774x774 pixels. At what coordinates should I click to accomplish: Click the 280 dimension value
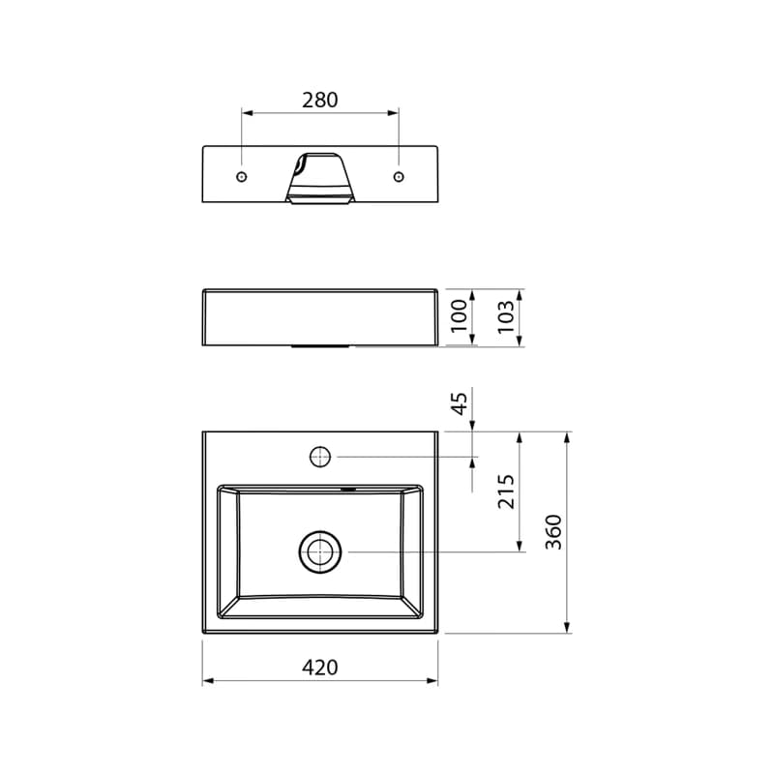(320, 101)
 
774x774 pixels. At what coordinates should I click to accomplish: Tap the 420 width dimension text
(320, 668)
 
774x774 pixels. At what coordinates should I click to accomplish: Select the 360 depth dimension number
(554, 532)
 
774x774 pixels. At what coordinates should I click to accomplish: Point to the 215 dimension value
(506, 491)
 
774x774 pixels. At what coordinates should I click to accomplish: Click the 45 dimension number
(460, 403)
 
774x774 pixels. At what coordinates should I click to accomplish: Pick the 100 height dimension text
(460, 316)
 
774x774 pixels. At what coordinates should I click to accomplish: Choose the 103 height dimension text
(506, 316)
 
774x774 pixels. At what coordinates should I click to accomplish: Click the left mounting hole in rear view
(241, 177)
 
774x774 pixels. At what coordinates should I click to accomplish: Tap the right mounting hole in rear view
(399, 177)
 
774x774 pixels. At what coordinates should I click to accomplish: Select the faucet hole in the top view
(320, 457)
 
